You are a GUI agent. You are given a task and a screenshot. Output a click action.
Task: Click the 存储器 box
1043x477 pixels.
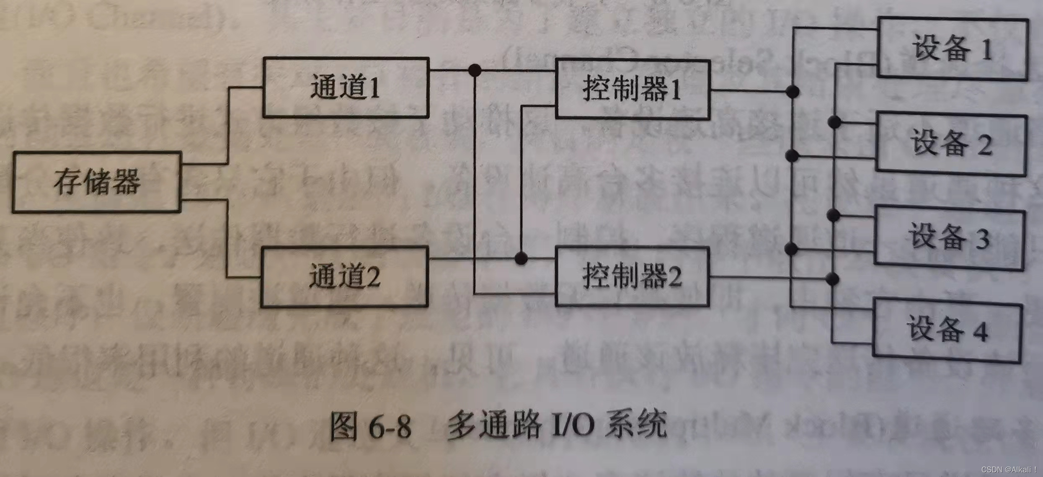[97, 182]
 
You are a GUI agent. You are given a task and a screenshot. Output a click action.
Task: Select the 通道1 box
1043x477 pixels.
[346, 88]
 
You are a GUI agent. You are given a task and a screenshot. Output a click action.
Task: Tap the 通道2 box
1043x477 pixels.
[344, 276]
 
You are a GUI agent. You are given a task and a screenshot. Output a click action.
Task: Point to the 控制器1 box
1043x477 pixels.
[633, 90]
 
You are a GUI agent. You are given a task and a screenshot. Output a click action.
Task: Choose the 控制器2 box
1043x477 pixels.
[632, 276]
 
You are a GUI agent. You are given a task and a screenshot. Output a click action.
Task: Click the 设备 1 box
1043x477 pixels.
[953, 49]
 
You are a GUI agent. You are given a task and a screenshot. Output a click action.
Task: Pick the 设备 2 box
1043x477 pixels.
[951, 144]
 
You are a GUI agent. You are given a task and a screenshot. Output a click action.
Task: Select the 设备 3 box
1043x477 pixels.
[950, 237]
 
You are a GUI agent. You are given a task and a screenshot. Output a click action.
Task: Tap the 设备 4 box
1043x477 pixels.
[947, 330]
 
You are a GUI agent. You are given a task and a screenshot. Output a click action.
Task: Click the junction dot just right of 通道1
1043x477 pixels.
[475, 70]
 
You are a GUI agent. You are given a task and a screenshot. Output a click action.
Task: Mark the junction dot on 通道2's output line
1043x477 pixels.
[521, 258]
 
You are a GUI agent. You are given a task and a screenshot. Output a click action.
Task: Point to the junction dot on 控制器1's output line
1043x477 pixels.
[792, 91]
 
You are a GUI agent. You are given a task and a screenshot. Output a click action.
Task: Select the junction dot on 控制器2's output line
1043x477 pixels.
[833, 278]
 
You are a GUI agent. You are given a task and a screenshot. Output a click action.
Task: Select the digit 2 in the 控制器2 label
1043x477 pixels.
[675, 277]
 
